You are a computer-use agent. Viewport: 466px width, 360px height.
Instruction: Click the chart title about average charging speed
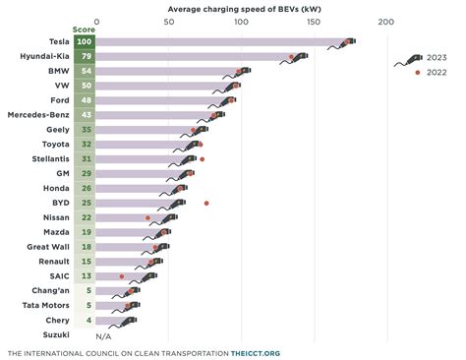click(x=241, y=8)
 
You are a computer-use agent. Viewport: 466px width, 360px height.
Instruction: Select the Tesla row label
click(x=58, y=43)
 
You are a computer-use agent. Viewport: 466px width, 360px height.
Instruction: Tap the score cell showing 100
click(x=84, y=43)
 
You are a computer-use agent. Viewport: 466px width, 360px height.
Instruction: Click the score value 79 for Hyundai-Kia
click(x=84, y=58)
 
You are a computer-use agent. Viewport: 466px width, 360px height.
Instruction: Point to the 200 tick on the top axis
click(x=385, y=22)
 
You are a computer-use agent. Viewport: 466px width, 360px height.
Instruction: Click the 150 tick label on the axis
click(x=313, y=22)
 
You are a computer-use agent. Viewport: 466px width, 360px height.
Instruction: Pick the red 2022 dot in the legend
click(x=419, y=73)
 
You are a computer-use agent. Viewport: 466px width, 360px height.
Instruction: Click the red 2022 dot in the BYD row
click(x=206, y=203)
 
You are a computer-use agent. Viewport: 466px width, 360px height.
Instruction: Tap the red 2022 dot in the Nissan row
click(x=148, y=217)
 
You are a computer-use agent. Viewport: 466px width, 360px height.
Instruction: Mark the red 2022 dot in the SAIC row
click(x=122, y=276)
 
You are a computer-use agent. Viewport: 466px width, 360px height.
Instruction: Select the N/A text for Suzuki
click(x=103, y=335)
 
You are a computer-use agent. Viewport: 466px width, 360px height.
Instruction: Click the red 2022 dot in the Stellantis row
click(x=202, y=159)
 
